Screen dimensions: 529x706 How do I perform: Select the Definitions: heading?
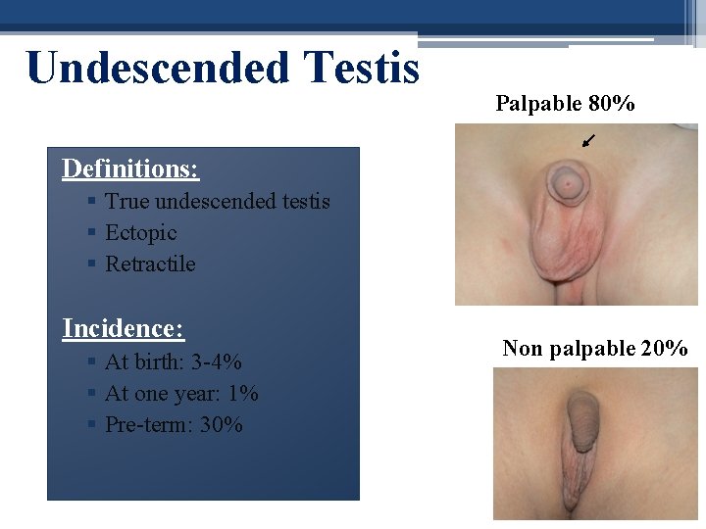(130, 168)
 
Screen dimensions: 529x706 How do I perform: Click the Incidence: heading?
(124, 328)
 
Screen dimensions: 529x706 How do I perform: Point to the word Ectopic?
(141, 233)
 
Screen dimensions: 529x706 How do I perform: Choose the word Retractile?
(150, 264)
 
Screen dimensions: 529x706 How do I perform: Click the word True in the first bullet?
(126, 202)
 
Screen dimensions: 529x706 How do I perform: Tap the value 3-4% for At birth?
(216, 361)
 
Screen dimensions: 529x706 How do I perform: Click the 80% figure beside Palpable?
(611, 103)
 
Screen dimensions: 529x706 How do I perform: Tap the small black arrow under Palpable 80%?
(586, 142)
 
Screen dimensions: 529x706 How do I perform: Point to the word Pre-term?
(146, 425)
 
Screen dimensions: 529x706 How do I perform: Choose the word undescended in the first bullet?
(215, 202)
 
